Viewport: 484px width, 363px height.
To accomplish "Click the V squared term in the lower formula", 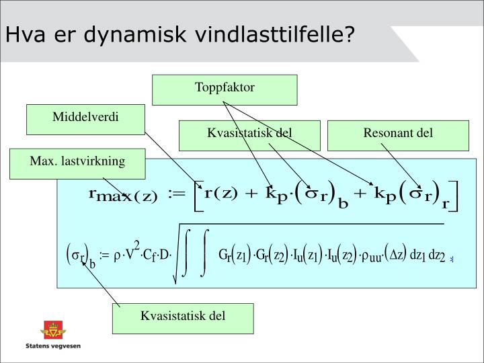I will [x=132, y=251].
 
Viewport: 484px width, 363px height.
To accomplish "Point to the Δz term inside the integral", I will [x=397, y=255].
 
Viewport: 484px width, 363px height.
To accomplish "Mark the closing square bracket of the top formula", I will [x=454, y=196].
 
